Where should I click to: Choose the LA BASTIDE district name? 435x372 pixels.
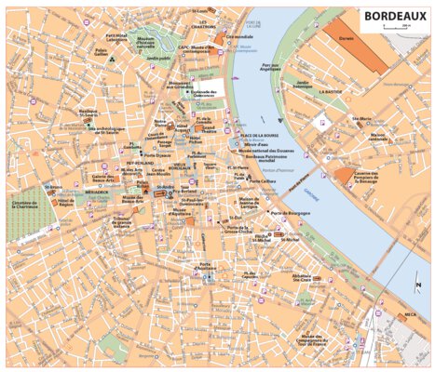click(x=331, y=93)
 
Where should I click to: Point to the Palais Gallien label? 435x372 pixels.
click(x=102, y=52)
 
